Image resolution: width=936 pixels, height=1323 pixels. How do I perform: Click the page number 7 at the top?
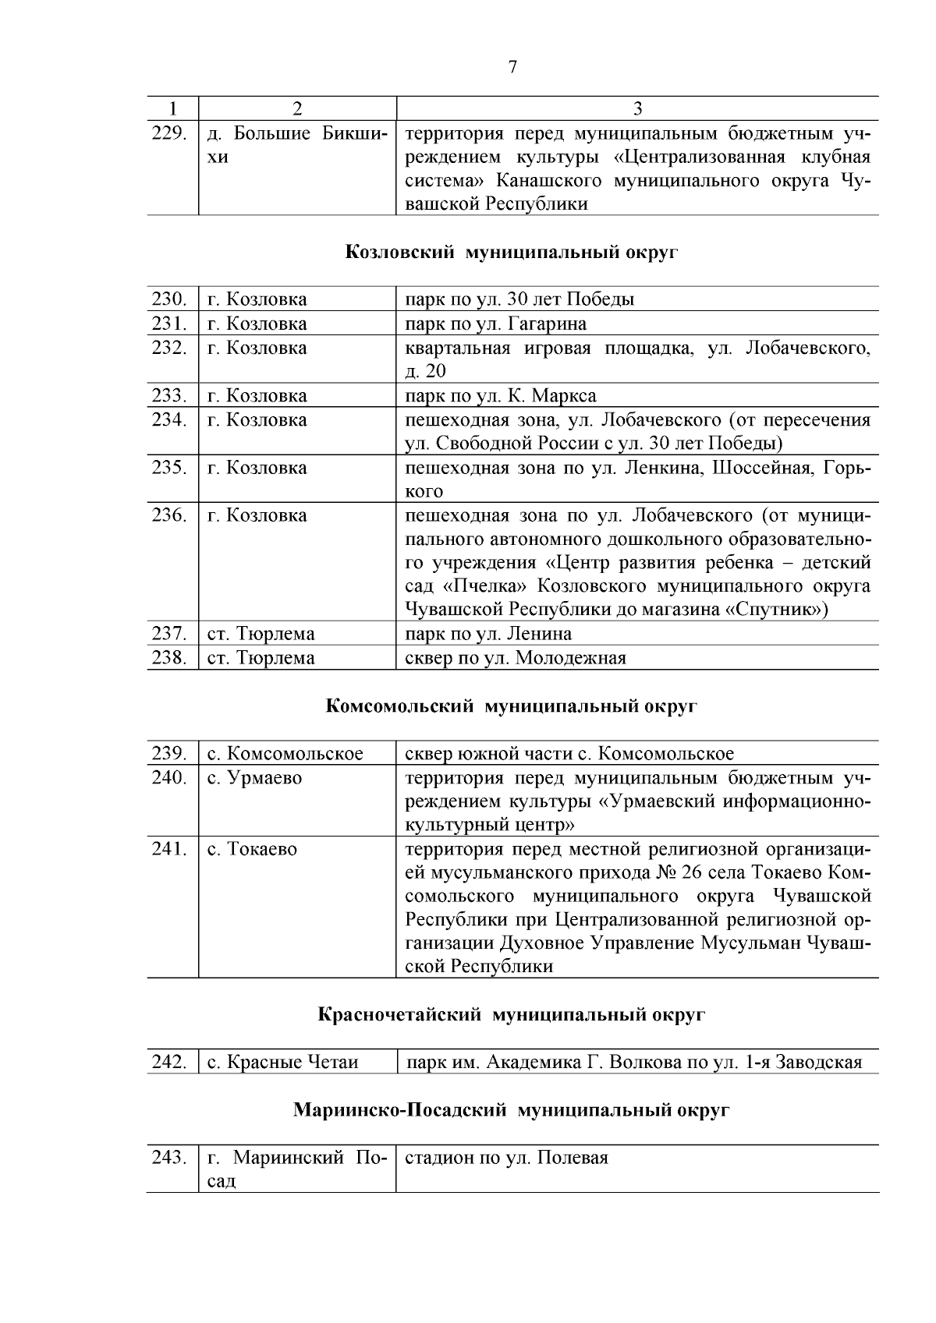tap(512, 67)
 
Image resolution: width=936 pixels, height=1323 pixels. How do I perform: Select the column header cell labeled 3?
tap(637, 108)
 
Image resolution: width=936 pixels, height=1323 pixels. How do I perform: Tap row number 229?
tap(169, 133)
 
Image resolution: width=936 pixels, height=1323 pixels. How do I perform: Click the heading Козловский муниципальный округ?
tap(512, 253)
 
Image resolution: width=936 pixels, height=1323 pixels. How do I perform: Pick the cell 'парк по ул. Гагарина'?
tap(496, 324)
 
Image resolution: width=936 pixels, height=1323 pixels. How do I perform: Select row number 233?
tap(169, 395)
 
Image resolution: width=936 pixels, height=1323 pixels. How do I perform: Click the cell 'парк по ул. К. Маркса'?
tap(501, 395)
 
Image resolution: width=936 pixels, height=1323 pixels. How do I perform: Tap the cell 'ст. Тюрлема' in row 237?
tap(261, 634)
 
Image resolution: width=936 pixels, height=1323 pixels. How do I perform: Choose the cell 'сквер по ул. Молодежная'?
tap(516, 658)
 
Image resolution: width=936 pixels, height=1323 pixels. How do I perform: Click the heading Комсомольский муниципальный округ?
tap(512, 706)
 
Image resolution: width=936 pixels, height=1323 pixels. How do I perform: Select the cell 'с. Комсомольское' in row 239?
tap(285, 754)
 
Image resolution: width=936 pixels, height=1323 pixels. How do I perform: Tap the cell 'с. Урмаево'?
tap(254, 778)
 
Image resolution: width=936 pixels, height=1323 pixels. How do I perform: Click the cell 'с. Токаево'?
tap(252, 849)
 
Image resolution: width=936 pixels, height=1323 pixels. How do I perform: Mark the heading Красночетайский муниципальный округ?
tap(512, 1015)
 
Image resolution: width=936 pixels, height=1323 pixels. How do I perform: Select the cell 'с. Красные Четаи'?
tap(282, 1063)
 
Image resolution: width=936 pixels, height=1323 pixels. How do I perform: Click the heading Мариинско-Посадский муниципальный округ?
tap(512, 1110)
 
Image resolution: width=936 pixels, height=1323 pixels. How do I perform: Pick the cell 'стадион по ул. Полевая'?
tap(506, 1158)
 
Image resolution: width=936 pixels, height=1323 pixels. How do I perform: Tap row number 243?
tap(169, 1158)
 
